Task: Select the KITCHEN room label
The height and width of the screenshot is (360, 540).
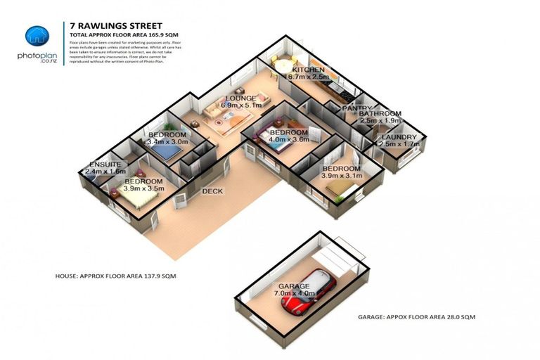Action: click(x=308, y=70)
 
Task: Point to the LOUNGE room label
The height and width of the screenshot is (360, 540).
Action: click(x=240, y=98)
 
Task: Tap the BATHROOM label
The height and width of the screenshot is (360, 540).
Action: click(x=380, y=114)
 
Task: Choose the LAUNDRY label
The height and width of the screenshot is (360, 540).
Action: click(x=399, y=137)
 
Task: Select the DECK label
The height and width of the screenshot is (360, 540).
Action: click(x=212, y=191)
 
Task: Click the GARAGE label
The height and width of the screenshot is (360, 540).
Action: click(x=294, y=286)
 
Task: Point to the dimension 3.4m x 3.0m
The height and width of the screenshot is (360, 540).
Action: click(x=167, y=142)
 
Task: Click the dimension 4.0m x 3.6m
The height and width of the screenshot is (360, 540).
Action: click(x=289, y=139)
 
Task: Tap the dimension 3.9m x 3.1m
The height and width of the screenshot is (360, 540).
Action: click(x=342, y=176)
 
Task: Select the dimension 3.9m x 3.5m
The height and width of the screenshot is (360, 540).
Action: click(x=143, y=188)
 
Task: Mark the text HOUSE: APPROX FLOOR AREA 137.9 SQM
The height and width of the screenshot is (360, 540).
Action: click(x=115, y=276)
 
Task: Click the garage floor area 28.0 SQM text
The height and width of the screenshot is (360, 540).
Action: click(x=416, y=318)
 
